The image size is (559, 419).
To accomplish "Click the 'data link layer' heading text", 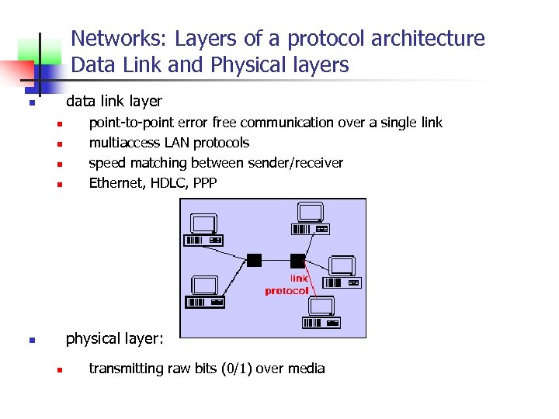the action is [114, 102].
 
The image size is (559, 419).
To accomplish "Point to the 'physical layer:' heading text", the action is [114, 339].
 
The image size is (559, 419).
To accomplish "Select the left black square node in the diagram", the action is [254, 259].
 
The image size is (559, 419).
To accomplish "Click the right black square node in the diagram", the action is [297, 260].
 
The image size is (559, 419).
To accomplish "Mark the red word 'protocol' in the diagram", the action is [286, 291].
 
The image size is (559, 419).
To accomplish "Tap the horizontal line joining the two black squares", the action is [276, 260].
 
